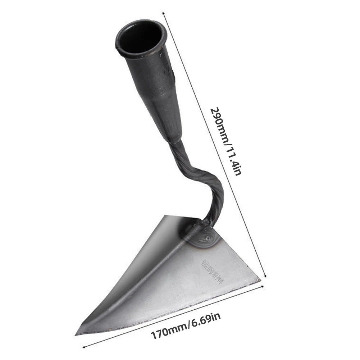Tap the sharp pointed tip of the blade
coord(77,334)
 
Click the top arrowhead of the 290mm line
coord(164,14)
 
